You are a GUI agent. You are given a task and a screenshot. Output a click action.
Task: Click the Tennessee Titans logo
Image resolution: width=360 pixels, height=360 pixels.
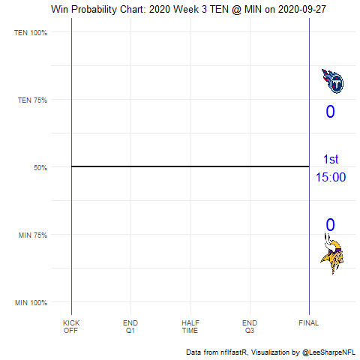click(x=332, y=81)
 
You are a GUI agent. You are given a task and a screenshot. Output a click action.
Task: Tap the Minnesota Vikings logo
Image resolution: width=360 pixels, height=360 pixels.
click(x=332, y=253)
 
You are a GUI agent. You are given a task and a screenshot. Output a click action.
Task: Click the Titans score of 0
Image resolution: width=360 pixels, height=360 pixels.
click(x=330, y=112)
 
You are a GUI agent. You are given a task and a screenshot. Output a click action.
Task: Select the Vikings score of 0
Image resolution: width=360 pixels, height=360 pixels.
click(x=330, y=225)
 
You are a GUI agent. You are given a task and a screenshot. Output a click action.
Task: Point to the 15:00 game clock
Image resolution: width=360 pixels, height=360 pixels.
click(x=331, y=177)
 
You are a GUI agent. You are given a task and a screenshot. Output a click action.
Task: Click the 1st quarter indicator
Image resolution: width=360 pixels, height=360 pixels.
click(x=331, y=159)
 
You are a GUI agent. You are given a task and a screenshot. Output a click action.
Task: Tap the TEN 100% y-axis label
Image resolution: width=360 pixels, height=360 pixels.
click(x=31, y=33)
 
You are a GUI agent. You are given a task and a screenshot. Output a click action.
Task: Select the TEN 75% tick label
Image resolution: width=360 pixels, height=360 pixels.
click(x=32, y=100)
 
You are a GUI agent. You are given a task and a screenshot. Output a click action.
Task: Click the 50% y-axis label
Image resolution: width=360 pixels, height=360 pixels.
click(x=40, y=167)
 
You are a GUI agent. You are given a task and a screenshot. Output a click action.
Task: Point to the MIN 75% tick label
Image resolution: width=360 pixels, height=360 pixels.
click(x=32, y=235)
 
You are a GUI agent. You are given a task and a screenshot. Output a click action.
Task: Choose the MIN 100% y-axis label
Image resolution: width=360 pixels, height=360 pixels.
click(x=31, y=303)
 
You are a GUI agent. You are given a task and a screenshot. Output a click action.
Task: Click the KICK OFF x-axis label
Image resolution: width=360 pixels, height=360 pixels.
click(x=71, y=326)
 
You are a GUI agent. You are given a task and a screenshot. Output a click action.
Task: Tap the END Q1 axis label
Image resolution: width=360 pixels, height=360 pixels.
click(x=130, y=326)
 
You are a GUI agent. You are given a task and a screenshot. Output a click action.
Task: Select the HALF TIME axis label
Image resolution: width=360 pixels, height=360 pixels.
click(x=190, y=326)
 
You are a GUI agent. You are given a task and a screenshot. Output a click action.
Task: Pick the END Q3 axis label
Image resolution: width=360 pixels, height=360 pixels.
click(x=250, y=326)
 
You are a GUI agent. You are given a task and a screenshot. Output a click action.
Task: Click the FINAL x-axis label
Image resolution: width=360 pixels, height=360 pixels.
click(x=308, y=323)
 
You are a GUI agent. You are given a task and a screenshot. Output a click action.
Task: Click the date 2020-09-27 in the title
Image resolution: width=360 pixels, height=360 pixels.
click(x=302, y=10)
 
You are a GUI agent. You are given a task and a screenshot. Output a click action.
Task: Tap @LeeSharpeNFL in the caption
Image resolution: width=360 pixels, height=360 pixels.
click(x=328, y=352)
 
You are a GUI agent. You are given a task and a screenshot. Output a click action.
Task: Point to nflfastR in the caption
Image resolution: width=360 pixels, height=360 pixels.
click(x=234, y=352)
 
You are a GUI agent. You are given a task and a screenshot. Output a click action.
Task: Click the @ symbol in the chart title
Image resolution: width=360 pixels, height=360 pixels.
click(x=237, y=10)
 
